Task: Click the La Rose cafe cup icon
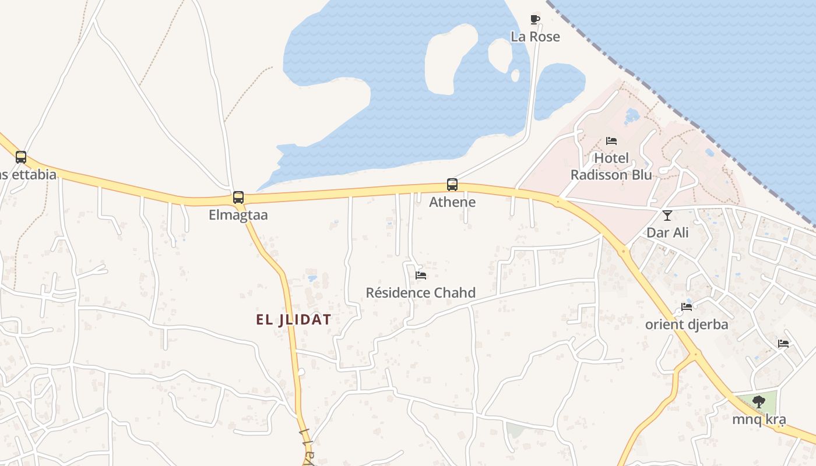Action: point(535,20)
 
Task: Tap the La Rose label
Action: point(535,37)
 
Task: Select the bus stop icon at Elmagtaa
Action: point(238,197)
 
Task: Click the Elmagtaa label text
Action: point(238,215)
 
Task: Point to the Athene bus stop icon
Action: point(452,185)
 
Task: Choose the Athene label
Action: point(452,202)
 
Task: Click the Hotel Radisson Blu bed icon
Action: point(611,141)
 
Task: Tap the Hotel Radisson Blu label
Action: point(611,167)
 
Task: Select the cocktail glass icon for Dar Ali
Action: point(667,216)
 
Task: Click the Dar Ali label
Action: point(667,232)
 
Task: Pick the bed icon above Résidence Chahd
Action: point(421,275)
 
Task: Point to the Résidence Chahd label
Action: point(421,292)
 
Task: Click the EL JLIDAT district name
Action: point(294,319)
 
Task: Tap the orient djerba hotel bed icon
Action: point(687,307)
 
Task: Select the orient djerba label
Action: point(687,324)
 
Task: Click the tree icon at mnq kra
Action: point(759,401)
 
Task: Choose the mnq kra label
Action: point(759,419)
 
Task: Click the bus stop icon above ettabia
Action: point(21,157)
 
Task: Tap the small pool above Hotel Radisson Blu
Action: point(632,115)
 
